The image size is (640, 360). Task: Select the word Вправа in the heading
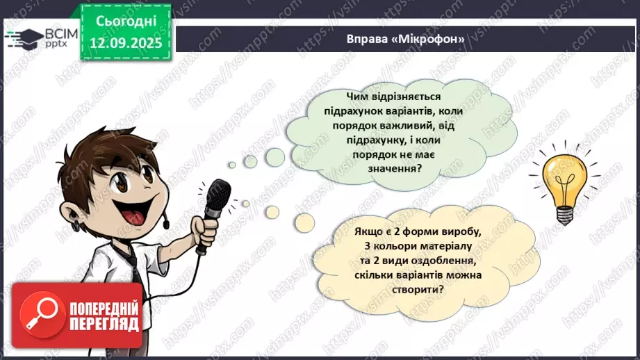[368, 38]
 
